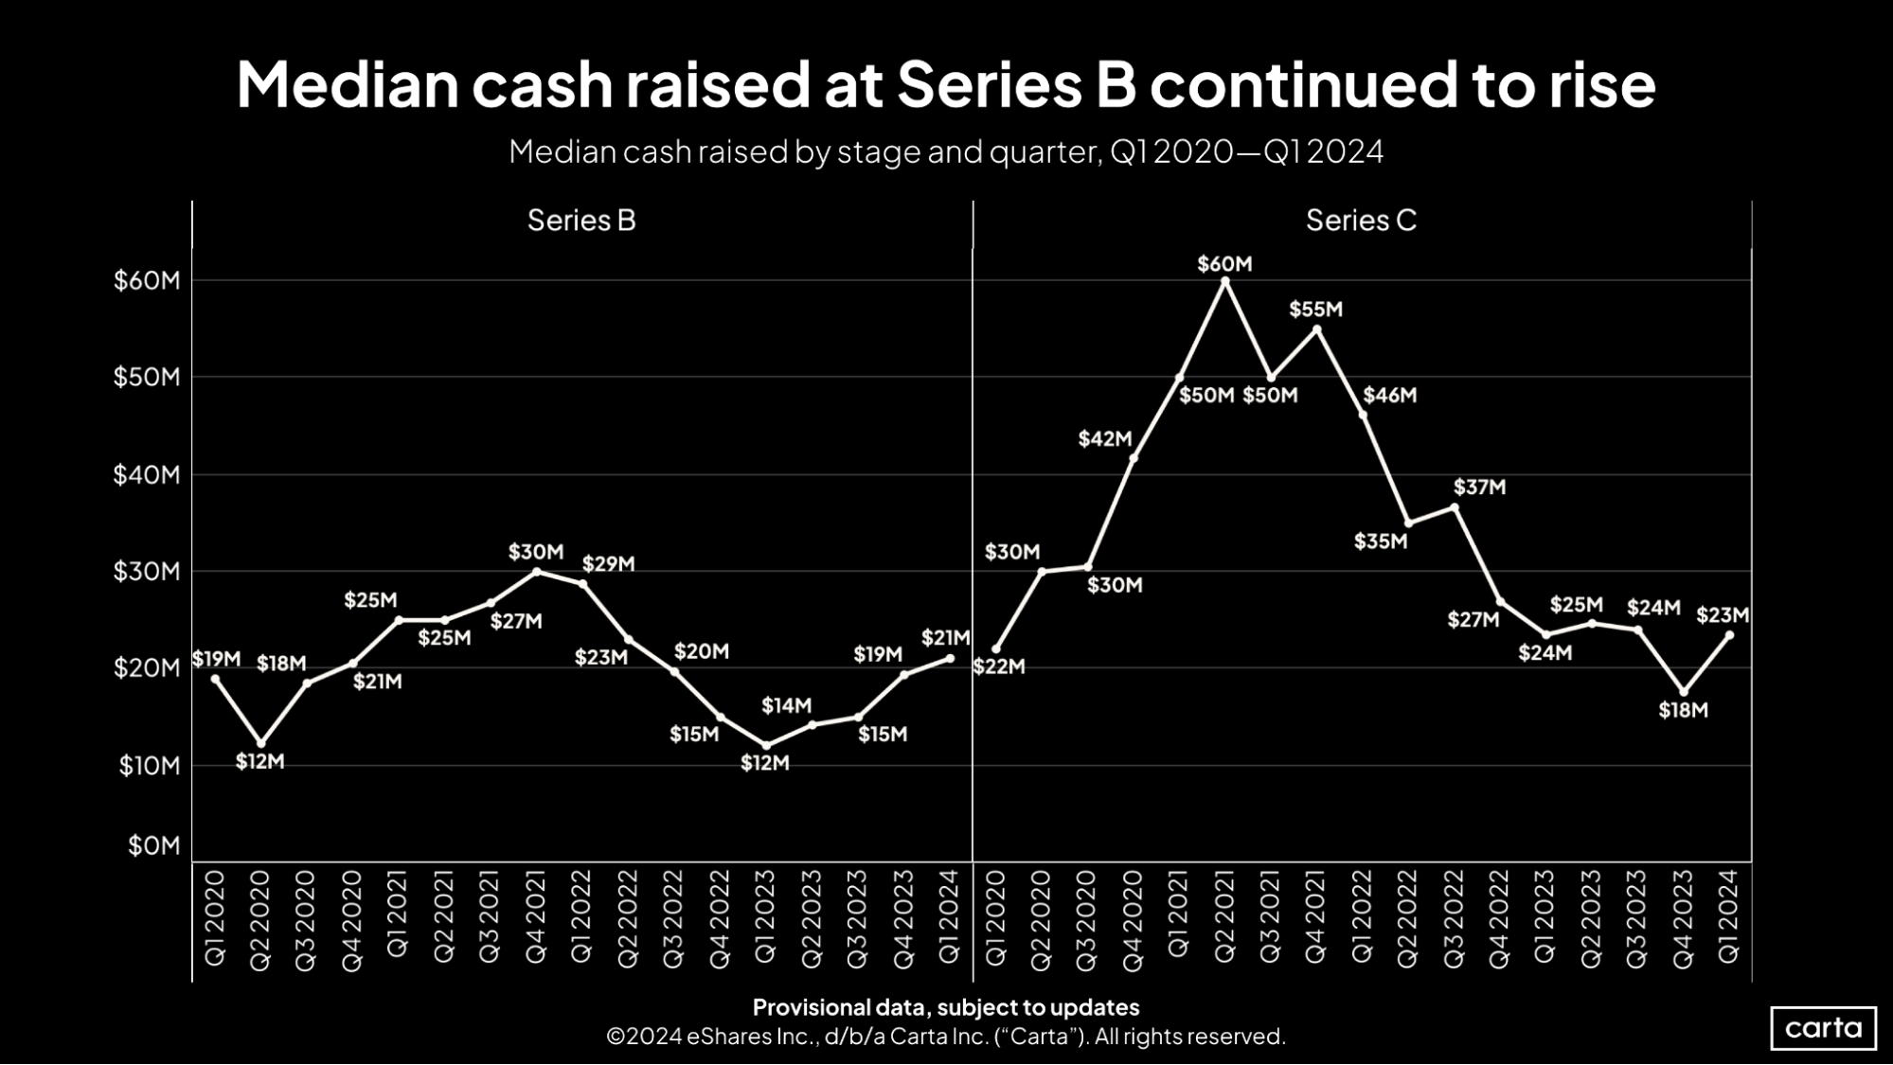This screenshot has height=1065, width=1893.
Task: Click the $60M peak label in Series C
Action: pyautogui.click(x=1223, y=264)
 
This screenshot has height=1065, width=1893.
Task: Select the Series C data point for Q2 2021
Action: pyautogui.click(x=1224, y=281)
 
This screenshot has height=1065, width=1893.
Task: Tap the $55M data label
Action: pyautogui.click(x=1315, y=310)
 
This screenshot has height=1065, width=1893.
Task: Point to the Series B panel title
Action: pyautogui.click(x=581, y=221)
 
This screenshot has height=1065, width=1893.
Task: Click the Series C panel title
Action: pyautogui.click(x=1361, y=221)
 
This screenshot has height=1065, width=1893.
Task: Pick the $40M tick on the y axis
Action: pyautogui.click(x=147, y=474)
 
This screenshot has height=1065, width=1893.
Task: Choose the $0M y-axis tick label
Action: pyautogui.click(x=153, y=845)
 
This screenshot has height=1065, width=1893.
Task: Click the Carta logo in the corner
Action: pyautogui.click(x=1823, y=1028)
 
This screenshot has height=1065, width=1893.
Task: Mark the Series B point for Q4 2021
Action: pyautogui.click(x=537, y=572)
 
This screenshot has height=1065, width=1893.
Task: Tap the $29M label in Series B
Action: pyautogui.click(x=608, y=564)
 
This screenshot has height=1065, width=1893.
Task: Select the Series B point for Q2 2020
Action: pyautogui.click(x=261, y=744)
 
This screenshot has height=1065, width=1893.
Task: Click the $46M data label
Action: pyautogui.click(x=1389, y=396)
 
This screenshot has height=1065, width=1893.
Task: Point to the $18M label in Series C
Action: pyautogui.click(x=1683, y=710)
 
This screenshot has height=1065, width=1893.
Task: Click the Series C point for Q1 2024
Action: pyautogui.click(x=1730, y=635)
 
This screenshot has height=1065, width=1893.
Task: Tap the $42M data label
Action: pyautogui.click(x=1105, y=439)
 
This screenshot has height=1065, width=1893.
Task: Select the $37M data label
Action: pyautogui.click(x=1479, y=488)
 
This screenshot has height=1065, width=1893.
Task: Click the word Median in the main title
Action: pyautogui.click(x=347, y=85)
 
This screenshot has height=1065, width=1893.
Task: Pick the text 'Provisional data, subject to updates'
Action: pyautogui.click(x=945, y=1007)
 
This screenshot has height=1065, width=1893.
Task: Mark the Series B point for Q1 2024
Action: pyautogui.click(x=950, y=658)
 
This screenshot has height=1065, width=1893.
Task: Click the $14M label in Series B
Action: pyautogui.click(x=786, y=705)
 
